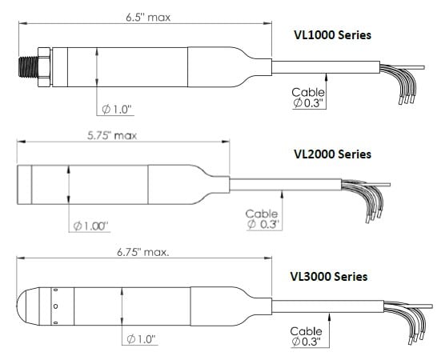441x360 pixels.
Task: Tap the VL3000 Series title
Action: [328, 277]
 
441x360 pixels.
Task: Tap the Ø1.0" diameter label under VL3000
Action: [141, 340]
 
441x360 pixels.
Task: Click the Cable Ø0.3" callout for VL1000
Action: [308, 98]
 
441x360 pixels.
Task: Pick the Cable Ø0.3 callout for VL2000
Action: [262, 219]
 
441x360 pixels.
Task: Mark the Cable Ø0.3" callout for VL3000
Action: [306, 336]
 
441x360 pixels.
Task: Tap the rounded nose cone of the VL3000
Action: [30, 306]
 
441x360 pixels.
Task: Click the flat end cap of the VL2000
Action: [24, 184]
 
